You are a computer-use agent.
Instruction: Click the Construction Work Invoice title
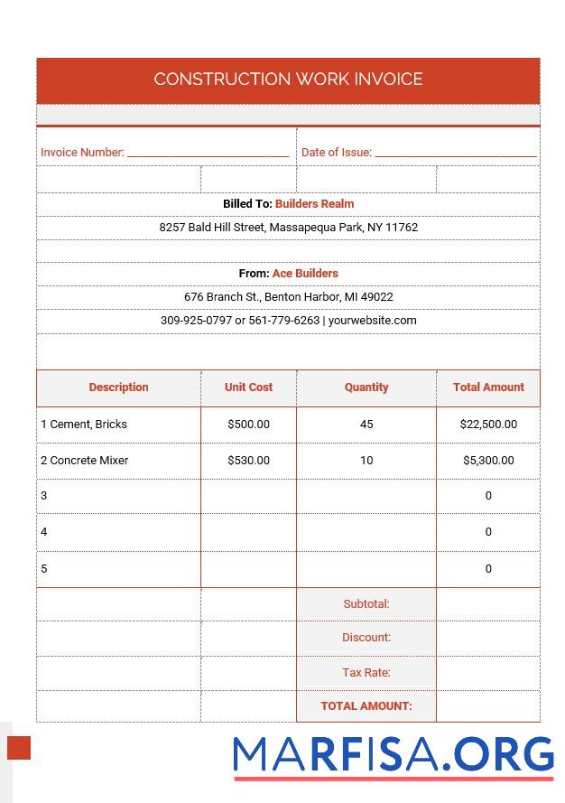[288, 79]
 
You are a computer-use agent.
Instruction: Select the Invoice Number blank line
[208, 153]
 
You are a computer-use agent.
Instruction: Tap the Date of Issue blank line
[455, 153]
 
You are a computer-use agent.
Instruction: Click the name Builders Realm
[314, 204]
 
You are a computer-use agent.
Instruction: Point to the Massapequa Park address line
[288, 228]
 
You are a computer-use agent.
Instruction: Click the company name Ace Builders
[305, 274]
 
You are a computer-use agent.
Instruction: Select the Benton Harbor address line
[288, 297]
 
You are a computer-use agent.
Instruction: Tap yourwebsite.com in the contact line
[372, 321]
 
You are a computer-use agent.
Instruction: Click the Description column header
[118, 387]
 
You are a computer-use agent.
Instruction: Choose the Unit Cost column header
[248, 387]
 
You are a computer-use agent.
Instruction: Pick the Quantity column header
[366, 387]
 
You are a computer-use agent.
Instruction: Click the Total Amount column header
[488, 387]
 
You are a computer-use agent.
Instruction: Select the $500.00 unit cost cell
[248, 425]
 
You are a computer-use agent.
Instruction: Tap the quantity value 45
[366, 425]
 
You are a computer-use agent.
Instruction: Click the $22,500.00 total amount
[488, 425]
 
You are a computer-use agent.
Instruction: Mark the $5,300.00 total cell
[488, 461]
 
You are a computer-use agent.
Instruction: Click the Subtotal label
[366, 604]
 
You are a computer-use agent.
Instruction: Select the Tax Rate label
[366, 673]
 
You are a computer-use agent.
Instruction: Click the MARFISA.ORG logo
[393, 756]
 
